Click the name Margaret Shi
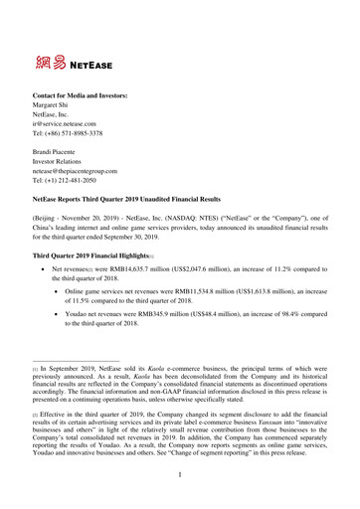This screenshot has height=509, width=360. click(56, 102)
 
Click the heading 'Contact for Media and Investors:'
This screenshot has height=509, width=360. click(85, 90)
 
